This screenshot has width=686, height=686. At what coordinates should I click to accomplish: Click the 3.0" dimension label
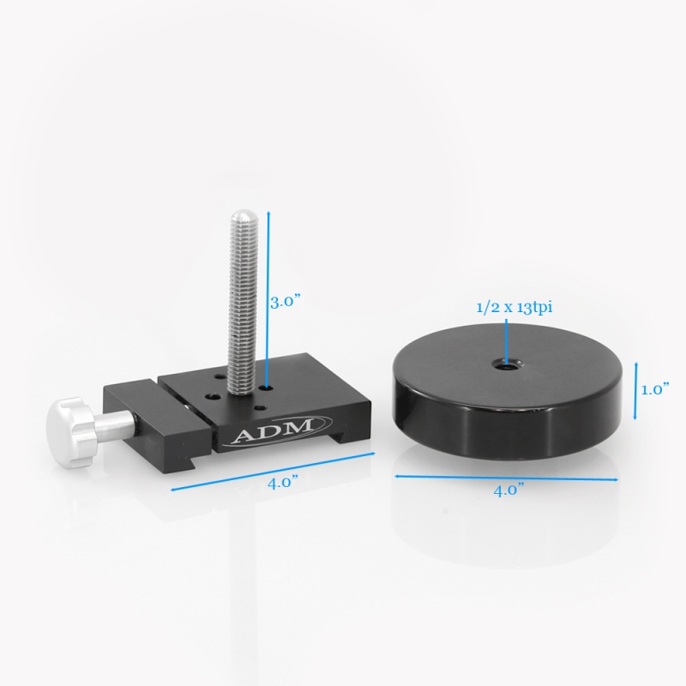click(286, 303)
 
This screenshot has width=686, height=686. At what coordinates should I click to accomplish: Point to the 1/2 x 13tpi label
click(508, 309)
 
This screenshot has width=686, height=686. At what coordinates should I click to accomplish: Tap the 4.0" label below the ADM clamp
click(281, 482)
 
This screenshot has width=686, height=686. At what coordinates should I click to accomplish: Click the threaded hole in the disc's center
click(508, 365)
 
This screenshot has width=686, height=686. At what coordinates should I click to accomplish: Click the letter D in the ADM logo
click(276, 430)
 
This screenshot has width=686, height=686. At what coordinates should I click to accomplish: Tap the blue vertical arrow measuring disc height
click(635, 390)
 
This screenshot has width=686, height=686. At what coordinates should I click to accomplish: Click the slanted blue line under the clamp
click(274, 470)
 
